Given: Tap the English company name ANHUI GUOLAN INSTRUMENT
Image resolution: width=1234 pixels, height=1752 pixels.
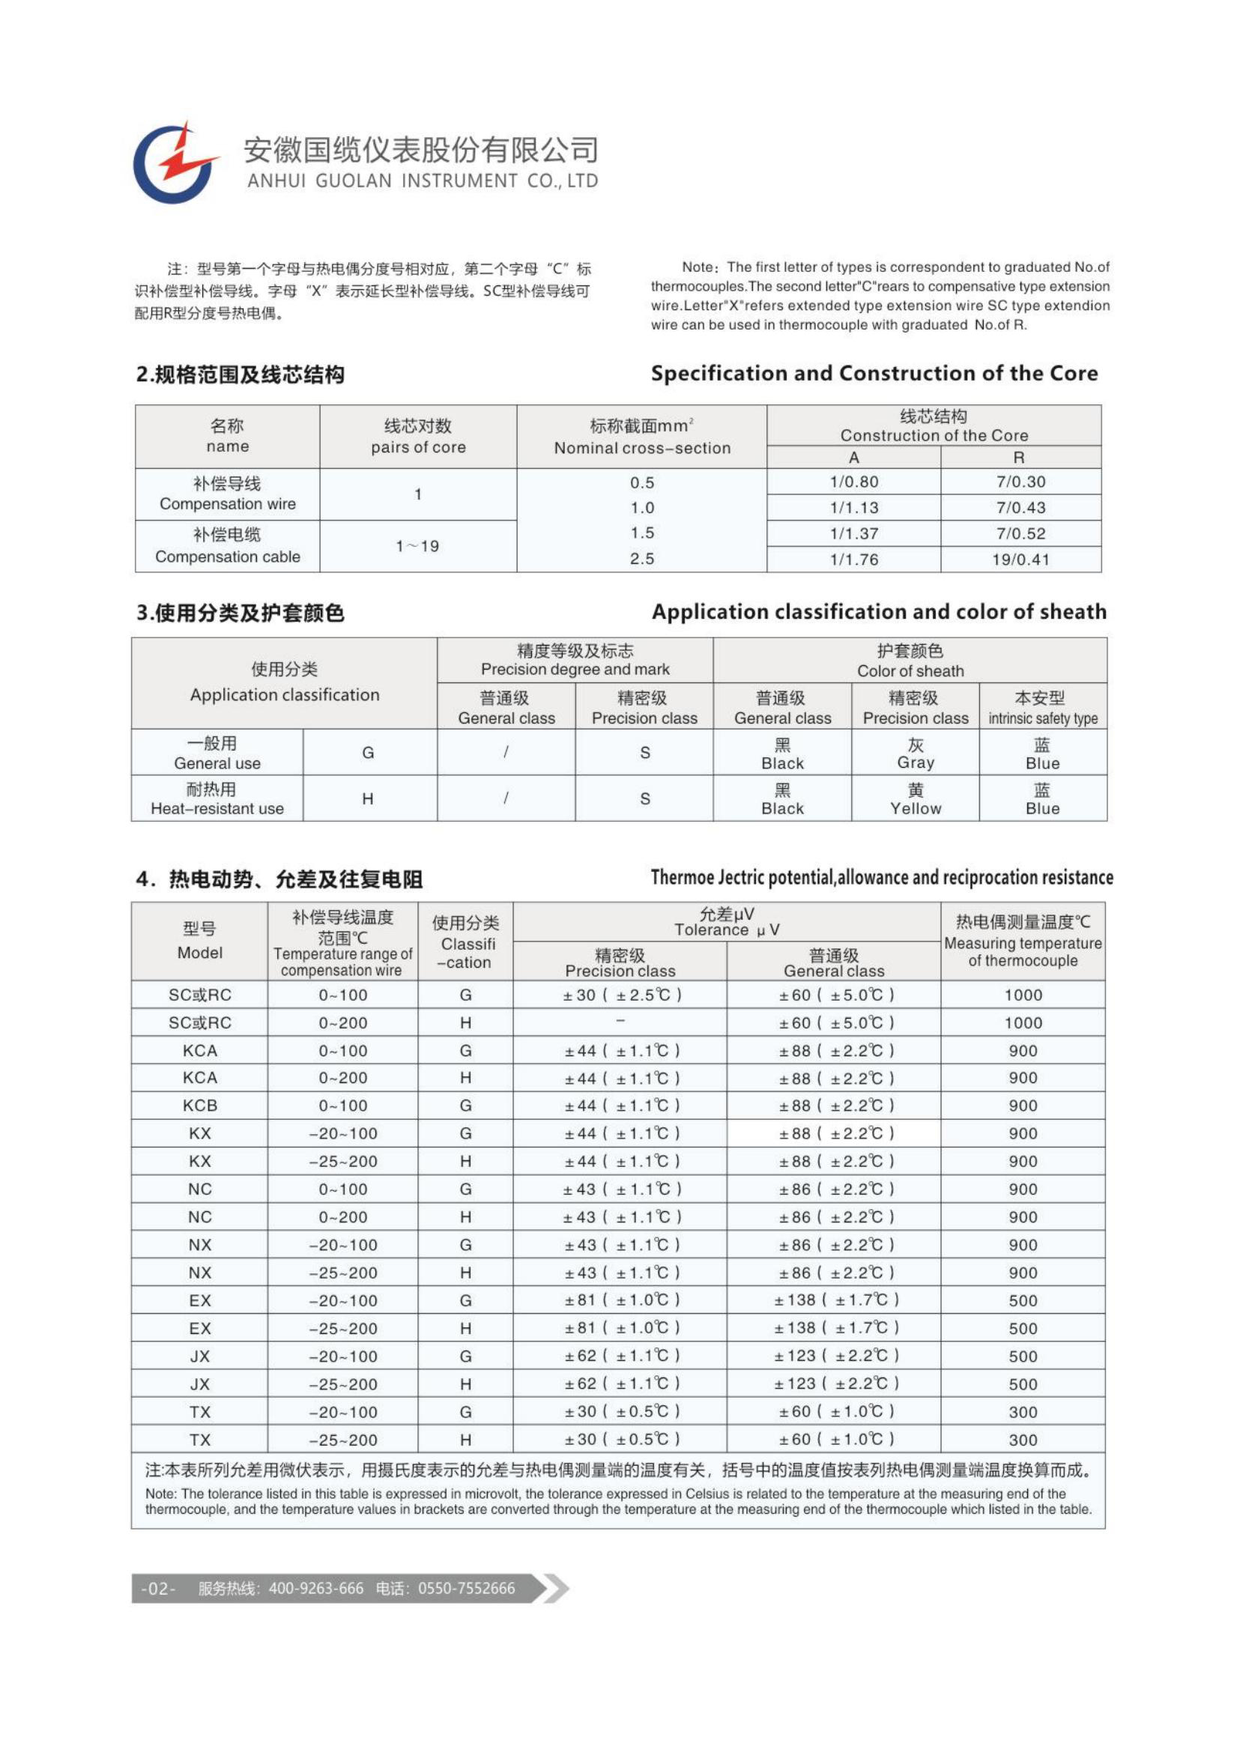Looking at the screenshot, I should click(x=422, y=181).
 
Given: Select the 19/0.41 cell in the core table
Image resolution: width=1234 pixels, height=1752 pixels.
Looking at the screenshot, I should click(x=1020, y=560).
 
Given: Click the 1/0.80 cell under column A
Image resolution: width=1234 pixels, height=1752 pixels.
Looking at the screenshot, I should click(x=853, y=482).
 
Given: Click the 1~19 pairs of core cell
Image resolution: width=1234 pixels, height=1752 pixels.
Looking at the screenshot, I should click(x=417, y=546).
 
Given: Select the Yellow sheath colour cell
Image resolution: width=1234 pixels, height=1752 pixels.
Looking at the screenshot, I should click(x=915, y=799).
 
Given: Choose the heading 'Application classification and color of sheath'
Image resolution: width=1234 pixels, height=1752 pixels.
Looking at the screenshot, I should click(x=878, y=612).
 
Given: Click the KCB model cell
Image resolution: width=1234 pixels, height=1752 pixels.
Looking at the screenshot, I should click(x=200, y=1106).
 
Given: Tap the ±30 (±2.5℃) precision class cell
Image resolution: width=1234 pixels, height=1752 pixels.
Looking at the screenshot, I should click(x=620, y=995).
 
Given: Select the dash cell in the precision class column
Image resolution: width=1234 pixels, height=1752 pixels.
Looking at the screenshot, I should click(x=620, y=1022).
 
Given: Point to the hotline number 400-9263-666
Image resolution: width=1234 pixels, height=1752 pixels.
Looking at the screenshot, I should click(x=316, y=1589).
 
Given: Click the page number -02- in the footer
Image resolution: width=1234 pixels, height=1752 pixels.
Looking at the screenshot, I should click(x=158, y=1589).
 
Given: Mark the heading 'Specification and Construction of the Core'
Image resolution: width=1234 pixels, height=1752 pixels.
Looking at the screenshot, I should click(x=874, y=373).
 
